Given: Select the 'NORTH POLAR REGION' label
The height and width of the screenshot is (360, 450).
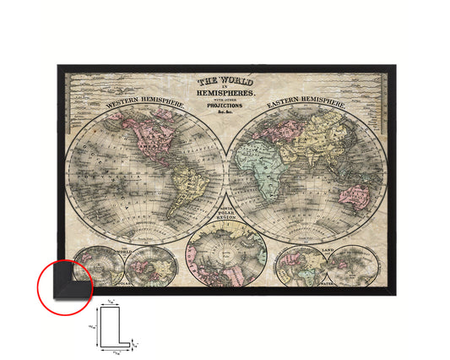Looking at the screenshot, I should [x=225, y=220].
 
